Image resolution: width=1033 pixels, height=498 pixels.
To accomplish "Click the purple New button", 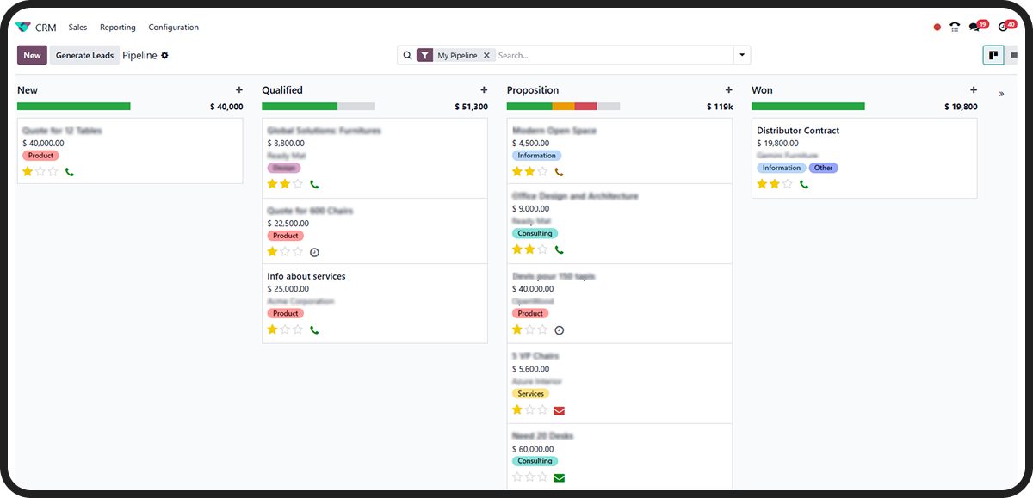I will click(x=32, y=55).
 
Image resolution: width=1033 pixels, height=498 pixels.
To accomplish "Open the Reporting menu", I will click(x=118, y=28).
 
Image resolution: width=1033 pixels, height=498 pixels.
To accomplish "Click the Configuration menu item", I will click(x=173, y=28).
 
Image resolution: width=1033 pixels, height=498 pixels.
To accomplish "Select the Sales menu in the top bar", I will click(x=77, y=28).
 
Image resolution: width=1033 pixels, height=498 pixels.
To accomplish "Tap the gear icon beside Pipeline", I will click(x=165, y=55).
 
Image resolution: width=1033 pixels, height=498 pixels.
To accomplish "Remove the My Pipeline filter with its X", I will click(x=486, y=55).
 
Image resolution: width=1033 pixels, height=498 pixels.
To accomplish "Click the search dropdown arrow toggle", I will click(x=742, y=55).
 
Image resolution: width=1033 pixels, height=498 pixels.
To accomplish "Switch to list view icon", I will click(x=1014, y=55).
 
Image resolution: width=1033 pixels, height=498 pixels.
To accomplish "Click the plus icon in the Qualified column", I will click(x=484, y=90).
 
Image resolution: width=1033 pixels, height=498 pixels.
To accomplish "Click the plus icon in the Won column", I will click(x=974, y=90).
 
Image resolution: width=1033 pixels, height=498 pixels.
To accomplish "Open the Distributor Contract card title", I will click(x=798, y=131).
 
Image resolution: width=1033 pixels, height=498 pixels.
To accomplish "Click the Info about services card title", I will click(x=306, y=276).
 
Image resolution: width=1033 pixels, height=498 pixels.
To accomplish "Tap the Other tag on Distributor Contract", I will click(x=824, y=168).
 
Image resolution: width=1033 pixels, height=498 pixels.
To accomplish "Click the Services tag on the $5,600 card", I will click(x=530, y=394).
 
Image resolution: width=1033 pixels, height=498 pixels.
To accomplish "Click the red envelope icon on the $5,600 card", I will click(x=560, y=411).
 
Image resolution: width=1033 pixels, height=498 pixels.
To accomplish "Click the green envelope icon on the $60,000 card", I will click(x=560, y=477).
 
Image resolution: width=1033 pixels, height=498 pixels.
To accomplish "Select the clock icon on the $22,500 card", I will click(x=314, y=252).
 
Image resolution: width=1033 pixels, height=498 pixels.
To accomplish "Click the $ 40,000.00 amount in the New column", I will click(x=43, y=144).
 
